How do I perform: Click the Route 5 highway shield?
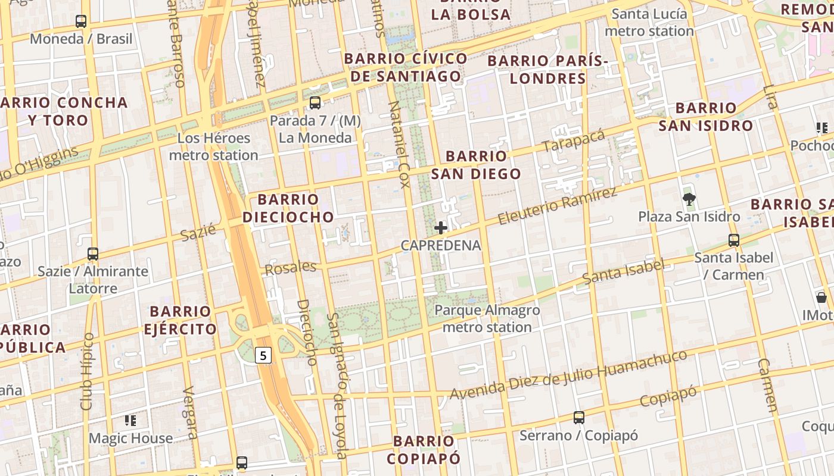(263, 356)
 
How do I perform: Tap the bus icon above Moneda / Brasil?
(81, 21)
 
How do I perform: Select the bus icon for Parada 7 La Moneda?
(315, 103)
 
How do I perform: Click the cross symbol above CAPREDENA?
(441, 228)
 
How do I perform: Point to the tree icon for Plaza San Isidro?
(689, 199)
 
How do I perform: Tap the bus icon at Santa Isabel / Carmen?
(734, 240)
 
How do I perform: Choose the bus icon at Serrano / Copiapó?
(578, 418)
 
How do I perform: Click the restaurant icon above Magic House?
(130, 421)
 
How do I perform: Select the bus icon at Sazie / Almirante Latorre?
(92, 254)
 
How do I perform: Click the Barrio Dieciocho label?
(288, 208)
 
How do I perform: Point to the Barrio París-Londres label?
(548, 70)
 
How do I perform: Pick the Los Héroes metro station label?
(213, 147)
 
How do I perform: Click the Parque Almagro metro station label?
(487, 319)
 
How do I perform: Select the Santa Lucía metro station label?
(649, 22)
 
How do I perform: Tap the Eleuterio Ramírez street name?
(557, 206)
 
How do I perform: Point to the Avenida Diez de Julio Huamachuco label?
(568, 375)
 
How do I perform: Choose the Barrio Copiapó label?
(424, 450)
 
